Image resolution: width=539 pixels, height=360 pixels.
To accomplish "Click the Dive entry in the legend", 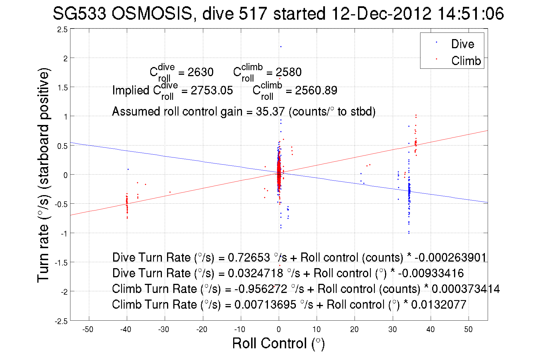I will [462, 44].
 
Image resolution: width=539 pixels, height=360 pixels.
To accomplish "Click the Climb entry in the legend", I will [466, 61].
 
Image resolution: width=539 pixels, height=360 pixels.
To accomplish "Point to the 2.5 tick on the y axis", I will [62, 30].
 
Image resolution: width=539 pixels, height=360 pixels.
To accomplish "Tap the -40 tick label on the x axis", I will [126, 329].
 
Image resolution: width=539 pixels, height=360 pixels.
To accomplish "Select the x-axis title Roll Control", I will [278, 343].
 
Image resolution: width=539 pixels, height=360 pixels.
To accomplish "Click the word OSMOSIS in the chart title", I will [152, 13].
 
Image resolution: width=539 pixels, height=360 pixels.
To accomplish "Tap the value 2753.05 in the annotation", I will [211, 90].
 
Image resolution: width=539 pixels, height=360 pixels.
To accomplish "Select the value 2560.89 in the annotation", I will [316, 90].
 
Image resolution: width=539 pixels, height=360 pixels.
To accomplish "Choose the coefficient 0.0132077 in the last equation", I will [439, 305].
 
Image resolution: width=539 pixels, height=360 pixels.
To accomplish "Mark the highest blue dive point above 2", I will [281, 46].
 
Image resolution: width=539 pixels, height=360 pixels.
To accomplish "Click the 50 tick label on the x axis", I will [468, 329].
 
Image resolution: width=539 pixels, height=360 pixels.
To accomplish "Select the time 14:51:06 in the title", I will [471, 13].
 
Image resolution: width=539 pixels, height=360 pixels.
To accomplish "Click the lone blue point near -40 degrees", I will [128, 169].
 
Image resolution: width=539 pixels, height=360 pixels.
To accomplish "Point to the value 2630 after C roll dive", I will [200, 72].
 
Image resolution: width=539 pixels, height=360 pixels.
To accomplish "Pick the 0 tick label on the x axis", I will [278, 329].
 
